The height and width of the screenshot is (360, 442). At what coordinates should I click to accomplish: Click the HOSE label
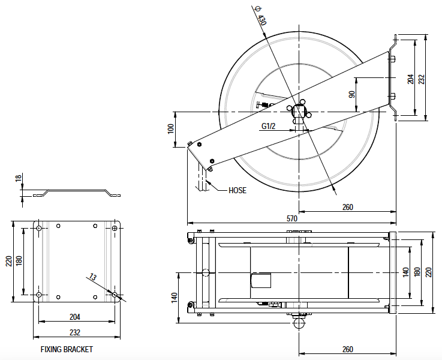point(237,190)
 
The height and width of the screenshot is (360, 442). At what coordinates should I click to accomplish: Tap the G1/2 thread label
point(268,126)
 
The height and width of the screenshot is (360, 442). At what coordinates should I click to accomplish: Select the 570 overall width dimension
point(291,221)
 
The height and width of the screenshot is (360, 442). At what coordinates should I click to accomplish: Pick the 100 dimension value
point(171,128)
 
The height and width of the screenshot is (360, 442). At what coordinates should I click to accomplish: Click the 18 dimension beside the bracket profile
point(18,179)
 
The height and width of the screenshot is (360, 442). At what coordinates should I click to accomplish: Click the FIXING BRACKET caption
point(67,349)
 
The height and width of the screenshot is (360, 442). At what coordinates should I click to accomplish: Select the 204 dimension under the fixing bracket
point(75,317)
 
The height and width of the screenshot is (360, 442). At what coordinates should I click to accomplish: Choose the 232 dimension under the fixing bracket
point(75,332)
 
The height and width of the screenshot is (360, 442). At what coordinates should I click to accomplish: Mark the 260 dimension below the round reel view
point(348,207)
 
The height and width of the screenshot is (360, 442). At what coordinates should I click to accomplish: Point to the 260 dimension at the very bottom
point(348,349)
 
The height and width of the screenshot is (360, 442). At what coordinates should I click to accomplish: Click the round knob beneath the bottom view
point(298,323)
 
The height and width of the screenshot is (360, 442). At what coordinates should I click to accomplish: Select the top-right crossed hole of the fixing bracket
point(115,228)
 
